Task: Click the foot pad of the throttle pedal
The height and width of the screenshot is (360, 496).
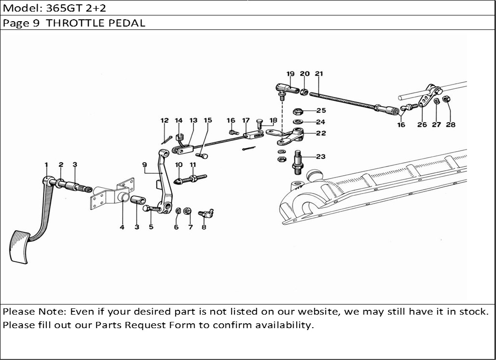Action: [x=20, y=247]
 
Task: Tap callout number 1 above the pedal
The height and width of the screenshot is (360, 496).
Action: [x=46, y=165]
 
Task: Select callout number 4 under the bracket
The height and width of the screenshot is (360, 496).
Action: [x=122, y=227]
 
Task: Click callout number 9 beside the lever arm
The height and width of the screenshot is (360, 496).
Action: [x=145, y=165]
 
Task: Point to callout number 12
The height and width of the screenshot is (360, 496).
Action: [x=165, y=120]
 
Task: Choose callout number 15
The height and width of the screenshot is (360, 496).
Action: [x=208, y=120]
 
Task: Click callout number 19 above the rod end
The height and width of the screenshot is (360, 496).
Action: [x=290, y=74]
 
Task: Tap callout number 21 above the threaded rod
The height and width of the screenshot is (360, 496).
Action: [x=319, y=74]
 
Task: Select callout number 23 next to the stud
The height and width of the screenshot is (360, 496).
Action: [x=321, y=156]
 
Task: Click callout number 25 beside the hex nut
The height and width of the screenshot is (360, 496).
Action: [x=321, y=111]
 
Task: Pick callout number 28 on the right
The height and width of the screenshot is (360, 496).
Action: [x=451, y=125]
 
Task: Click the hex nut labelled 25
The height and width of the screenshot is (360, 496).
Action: [x=298, y=111]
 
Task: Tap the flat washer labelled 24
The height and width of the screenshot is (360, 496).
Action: [x=297, y=122]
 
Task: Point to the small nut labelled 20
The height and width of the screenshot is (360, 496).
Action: [x=304, y=92]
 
